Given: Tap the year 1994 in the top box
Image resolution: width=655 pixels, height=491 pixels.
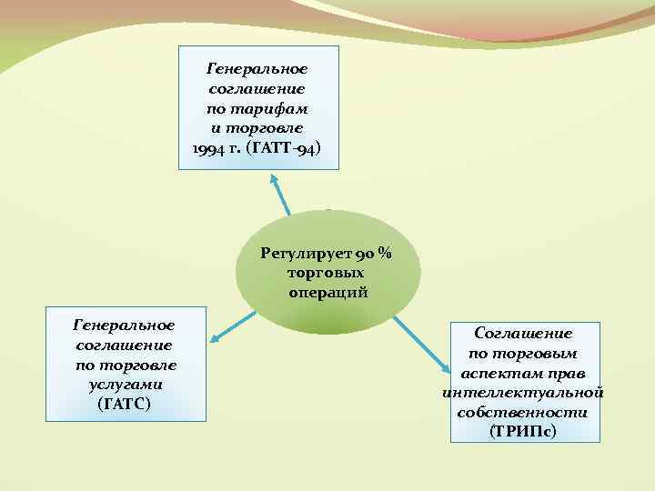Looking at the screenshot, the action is coord(212,149).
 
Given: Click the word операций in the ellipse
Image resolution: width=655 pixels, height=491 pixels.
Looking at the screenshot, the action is coord(327,293).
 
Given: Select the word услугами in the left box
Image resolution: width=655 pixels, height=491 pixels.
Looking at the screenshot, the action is coord(125,384).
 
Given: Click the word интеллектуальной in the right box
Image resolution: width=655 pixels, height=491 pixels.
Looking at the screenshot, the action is coord(523,393).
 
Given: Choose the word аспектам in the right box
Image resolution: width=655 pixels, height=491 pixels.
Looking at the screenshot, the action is coord(496,374).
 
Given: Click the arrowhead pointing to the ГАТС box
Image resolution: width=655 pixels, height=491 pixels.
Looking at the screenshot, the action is coord(216,339).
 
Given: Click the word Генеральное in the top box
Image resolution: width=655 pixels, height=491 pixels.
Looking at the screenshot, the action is coord(257,69).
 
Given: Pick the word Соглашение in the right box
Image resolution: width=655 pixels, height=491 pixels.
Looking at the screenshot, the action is coord(523,334).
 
